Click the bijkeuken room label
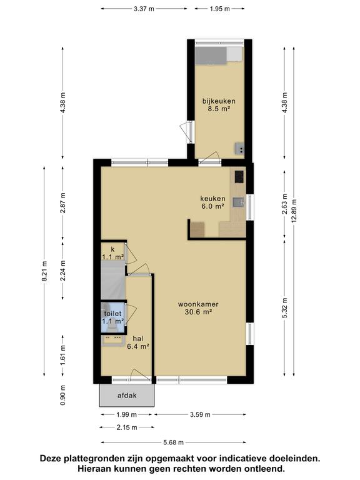[219, 101]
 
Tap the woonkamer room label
[198, 304]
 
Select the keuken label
[212, 198]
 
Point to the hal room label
[138, 339]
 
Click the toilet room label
[112, 314]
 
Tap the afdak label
[127, 396]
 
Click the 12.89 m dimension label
[294, 211]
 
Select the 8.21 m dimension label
[45, 271]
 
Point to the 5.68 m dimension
[174, 442]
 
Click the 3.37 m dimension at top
[144, 9]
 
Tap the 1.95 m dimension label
[219, 9]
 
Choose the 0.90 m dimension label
[63, 395]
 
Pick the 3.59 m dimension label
[200, 415]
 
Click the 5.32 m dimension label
[285, 308]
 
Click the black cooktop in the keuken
[239, 177]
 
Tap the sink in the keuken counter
[239, 202]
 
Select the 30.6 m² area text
[198, 312]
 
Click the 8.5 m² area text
[219, 109]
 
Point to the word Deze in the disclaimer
[50, 459]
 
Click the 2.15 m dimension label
[127, 427]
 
